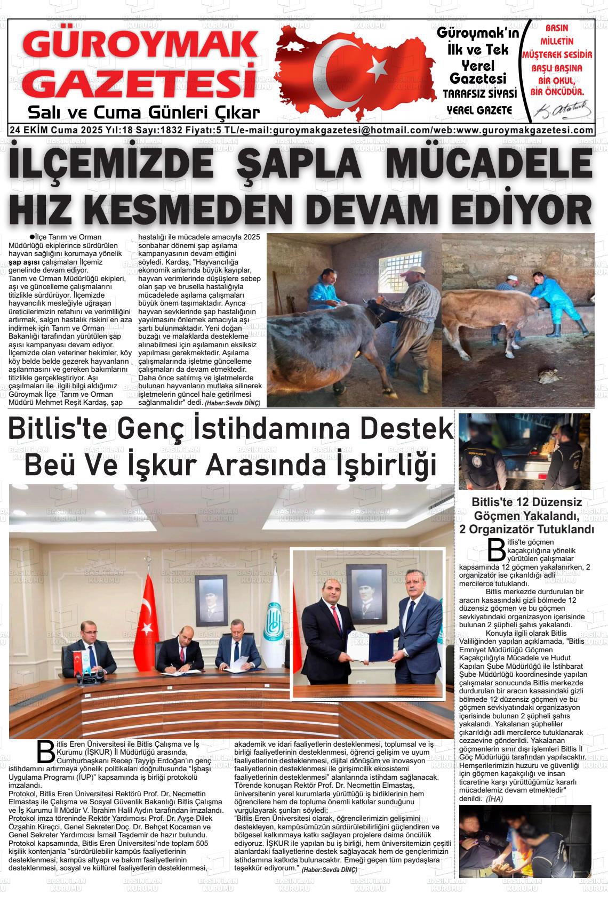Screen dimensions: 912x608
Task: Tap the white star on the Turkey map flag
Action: click(x=378, y=67)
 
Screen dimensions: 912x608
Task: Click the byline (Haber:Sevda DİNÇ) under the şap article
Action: click(x=233, y=403)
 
